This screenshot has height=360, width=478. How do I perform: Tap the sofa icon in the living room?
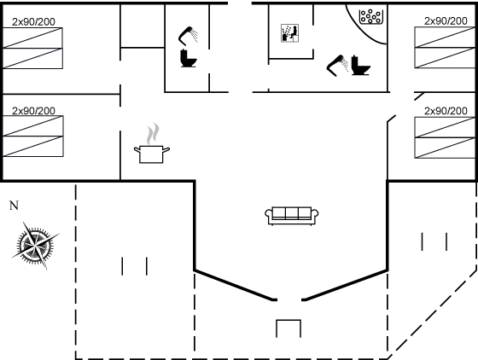click(291, 216)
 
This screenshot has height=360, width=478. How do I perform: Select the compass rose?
click(35, 246)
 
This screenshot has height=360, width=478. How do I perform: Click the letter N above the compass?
click(14, 206)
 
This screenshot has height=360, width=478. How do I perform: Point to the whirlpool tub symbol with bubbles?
click(370, 16)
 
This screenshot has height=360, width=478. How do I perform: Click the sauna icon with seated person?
click(289, 33)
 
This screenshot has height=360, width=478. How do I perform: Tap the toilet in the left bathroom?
click(188, 58)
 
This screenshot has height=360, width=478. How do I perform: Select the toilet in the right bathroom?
click(360, 65)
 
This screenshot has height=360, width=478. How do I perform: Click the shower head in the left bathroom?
click(188, 36)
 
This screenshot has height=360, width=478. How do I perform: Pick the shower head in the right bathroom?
click(337, 66)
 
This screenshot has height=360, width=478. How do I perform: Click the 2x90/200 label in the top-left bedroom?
click(33, 22)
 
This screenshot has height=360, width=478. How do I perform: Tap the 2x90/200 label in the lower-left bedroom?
click(33, 111)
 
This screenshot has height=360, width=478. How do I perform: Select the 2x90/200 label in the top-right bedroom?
click(446, 21)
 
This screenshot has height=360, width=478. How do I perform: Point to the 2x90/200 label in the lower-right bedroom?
click(446, 111)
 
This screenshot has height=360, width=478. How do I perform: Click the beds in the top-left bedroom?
click(32, 48)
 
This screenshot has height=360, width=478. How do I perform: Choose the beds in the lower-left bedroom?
click(33, 136)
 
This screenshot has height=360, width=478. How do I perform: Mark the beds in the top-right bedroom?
click(445, 48)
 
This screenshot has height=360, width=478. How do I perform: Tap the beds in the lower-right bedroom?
click(445, 137)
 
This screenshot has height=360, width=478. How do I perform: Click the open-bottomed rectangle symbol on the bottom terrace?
click(289, 328)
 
